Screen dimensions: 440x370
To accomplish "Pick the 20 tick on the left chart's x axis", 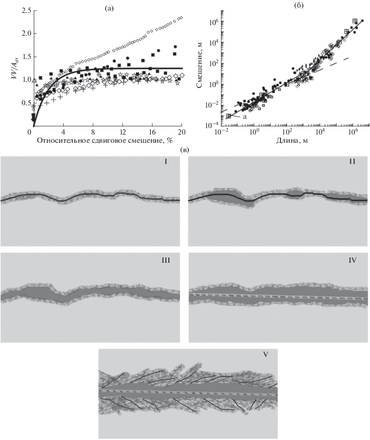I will [181, 133].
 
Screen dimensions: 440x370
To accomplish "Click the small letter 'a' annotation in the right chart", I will [244, 118].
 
